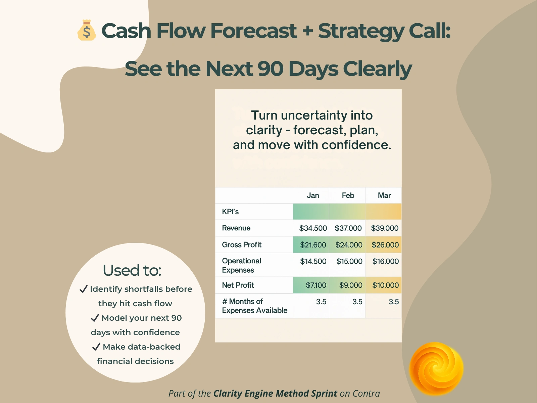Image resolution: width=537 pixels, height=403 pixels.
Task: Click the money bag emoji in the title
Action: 87,30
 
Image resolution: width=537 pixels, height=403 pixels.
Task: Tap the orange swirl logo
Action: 436,368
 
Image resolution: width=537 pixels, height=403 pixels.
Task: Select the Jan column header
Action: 313,195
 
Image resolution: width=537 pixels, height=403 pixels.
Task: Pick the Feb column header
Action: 348,195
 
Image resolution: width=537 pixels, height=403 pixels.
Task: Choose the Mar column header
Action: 384,195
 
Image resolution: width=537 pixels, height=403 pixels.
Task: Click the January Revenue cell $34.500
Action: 313,228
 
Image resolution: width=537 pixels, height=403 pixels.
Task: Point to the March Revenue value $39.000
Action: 385,228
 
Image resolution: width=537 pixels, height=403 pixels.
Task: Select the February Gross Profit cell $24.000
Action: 349,245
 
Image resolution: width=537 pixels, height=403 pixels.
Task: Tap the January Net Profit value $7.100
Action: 316,285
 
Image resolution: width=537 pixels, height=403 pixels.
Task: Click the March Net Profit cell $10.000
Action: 385,285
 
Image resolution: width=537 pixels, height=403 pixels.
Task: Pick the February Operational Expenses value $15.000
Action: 349,261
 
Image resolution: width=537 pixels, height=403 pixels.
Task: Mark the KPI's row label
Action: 230,212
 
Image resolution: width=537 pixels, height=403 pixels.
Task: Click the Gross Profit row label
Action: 242,245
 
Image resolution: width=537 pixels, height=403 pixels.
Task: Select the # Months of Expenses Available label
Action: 254,306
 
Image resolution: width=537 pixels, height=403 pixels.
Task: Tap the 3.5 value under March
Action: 394,302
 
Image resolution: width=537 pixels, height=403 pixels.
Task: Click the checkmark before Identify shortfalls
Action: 84,289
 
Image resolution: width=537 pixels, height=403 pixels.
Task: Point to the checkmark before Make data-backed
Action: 96,347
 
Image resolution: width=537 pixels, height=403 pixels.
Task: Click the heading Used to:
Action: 132,270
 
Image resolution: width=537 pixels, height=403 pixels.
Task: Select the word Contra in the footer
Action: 366,394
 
